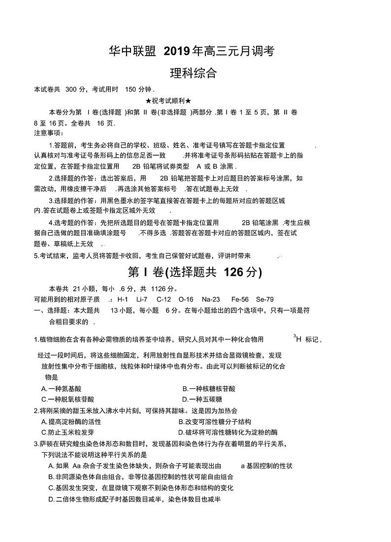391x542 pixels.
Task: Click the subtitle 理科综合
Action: coord(193,73)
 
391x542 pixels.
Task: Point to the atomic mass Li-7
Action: coord(142,299)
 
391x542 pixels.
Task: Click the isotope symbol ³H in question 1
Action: coord(297,339)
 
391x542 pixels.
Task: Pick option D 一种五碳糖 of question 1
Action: coord(202,399)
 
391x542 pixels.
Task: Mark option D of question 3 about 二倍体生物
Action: coord(134,499)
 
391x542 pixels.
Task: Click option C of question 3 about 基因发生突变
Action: coord(141,488)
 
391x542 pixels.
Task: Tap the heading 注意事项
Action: coord(49,133)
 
